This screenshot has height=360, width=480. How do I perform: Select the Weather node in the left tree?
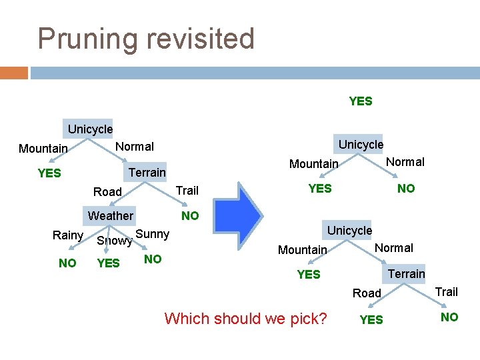[111, 215]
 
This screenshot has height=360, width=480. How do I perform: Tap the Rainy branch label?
[67, 235]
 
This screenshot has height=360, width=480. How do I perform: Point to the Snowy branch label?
[114, 241]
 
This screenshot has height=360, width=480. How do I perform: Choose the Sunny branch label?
[152, 233]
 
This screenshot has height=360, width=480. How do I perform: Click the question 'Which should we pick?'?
[245, 318]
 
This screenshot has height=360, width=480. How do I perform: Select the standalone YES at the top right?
[361, 101]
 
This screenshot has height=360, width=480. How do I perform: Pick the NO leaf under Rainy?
[67, 263]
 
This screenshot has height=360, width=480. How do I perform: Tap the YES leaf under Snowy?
[108, 263]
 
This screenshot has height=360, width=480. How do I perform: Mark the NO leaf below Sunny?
[153, 259]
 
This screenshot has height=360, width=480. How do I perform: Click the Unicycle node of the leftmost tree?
[90, 129]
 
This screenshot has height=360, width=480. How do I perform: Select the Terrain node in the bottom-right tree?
[406, 273]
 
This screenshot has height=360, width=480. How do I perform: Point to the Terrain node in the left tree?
[147, 172]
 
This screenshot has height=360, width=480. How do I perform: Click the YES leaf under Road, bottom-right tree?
[371, 320]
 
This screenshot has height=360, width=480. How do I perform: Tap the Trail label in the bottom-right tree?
[446, 291]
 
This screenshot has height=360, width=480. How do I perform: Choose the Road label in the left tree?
[107, 192]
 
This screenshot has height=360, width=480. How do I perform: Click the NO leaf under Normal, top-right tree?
[406, 189]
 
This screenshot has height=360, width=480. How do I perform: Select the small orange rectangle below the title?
[14, 72]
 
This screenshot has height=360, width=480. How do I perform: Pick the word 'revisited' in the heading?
[199, 39]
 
